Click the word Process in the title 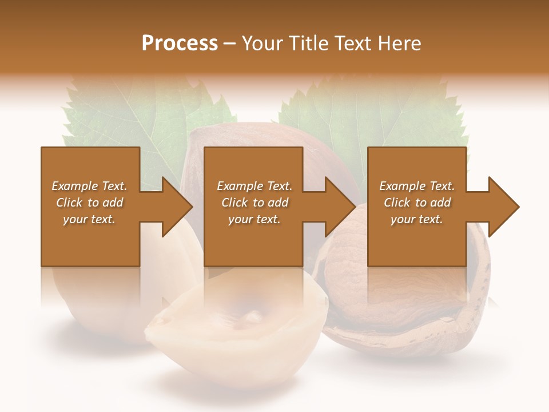click(x=180, y=43)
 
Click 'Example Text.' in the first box click(x=89, y=186)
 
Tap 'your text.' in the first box click(x=89, y=219)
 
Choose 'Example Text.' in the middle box click(x=254, y=186)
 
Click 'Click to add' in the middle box click(x=254, y=203)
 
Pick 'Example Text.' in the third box click(x=417, y=186)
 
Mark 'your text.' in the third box click(x=417, y=219)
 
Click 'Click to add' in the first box click(x=89, y=203)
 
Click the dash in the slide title click(x=230, y=43)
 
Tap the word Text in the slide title click(x=356, y=43)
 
